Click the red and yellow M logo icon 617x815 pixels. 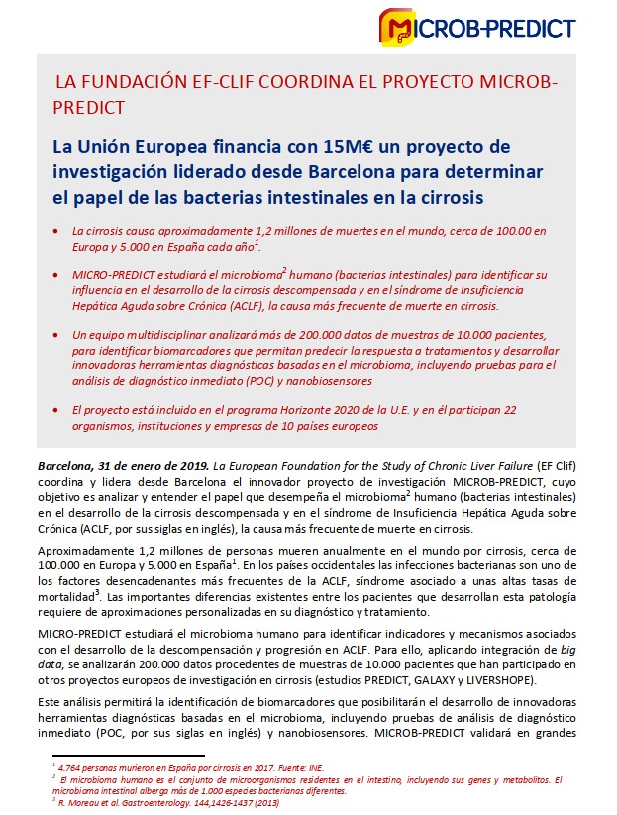coord(398,27)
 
